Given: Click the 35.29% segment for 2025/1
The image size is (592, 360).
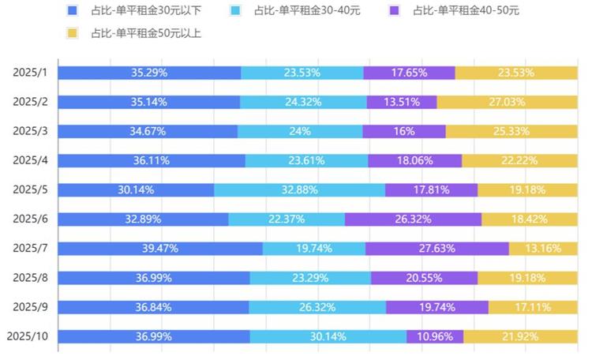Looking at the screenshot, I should pyautogui.click(x=149, y=73).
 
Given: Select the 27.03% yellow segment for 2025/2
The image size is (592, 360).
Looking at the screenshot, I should pyautogui.click(x=508, y=102).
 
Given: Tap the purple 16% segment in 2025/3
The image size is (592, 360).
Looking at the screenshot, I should pyautogui.click(x=404, y=131).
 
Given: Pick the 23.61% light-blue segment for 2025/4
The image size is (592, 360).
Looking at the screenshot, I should pyautogui.click(x=307, y=160).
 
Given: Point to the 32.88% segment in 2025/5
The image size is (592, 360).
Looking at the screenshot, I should pyautogui.click(x=300, y=189).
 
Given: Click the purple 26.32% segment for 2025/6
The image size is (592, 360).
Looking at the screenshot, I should pyautogui.click(x=414, y=219).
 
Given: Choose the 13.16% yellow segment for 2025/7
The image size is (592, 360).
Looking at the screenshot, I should pyautogui.click(x=544, y=248).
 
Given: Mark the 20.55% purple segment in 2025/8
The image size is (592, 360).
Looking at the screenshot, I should pyautogui.click(x=425, y=277).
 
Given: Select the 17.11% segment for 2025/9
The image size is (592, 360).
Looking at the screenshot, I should pyautogui.click(x=534, y=306).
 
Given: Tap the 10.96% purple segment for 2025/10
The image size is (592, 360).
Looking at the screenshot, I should pyautogui.click(x=436, y=336).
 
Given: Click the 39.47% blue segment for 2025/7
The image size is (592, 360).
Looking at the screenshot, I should pyautogui.click(x=160, y=248).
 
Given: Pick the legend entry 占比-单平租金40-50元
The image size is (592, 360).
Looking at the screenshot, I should pyautogui.click(x=455, y=11).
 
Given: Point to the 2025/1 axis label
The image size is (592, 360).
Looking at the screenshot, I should pyautogui.click(x=31, y=73).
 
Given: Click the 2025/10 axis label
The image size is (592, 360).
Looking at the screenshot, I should pyautogui.click(x=28, y=336).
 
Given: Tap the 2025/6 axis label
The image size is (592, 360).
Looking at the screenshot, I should pyautogui.click(x=31, y=219).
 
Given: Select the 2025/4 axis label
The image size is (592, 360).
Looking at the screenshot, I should pyautogui.click(x=31, y=160).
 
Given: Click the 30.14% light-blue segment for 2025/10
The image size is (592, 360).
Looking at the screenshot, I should pyautogui.click(x=328, y=336).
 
